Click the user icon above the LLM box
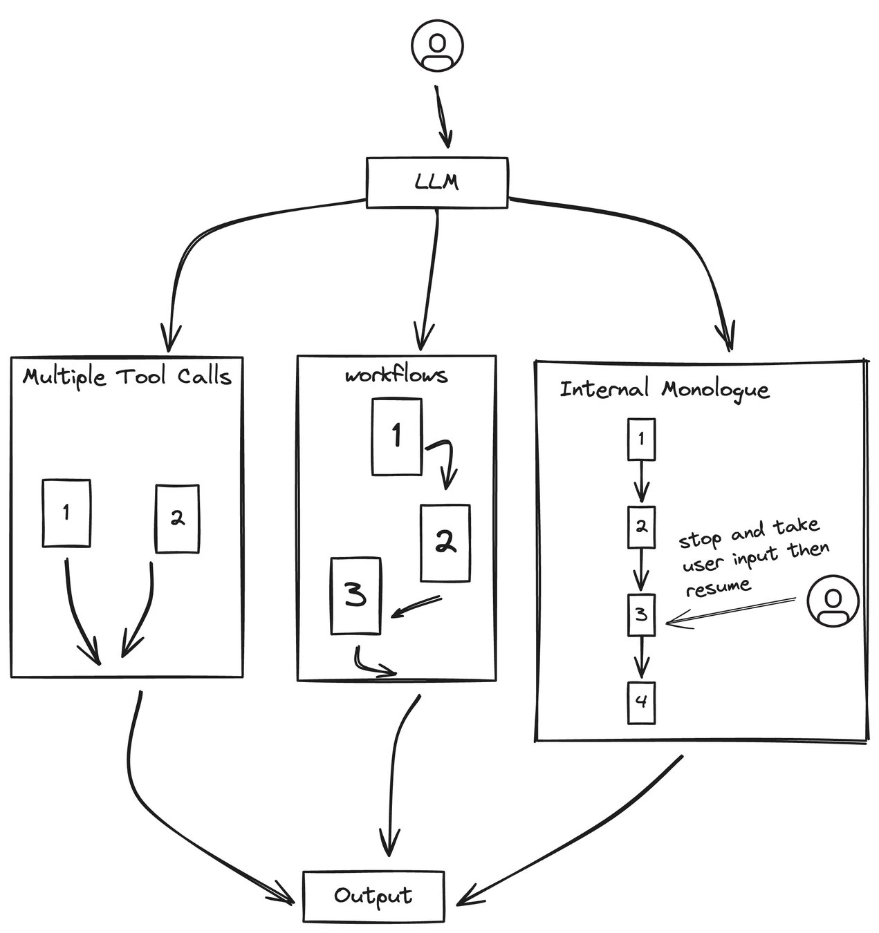pyautogui.click(x=437, y=46)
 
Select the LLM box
pyautogui.click(x=437, y=182)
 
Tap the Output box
pyautogui.click(x=373, y=896)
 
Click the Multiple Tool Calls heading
pyautogui.click(x=127, y=377)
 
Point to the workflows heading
pyautogui.click(x=396, y=375)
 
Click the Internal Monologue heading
pyautogui.click(x=664, y=390)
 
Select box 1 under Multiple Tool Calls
pyautogui.click(x=66, y=513)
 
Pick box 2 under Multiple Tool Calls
pyautogui.click(x=177, y=518)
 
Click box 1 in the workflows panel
pyautogui.click(x=396, y=437)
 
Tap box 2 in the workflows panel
pyautogui.click(x=445, y=543)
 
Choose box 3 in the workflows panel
pyautogui.click(x=355, y=596)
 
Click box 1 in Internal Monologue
pyautogui.click(x=642, y=440)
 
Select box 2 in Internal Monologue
pyautogui.click(x=642, y=527)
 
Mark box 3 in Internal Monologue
pyautogui.click(x=642, y=615)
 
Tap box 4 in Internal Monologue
pyautogui.click(x=642, y=703)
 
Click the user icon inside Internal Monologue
pyautogui.click(x=833, y=601)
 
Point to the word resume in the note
pyautogui.click(x=718, y=586)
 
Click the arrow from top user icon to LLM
pyautogui.click(x=443, y=117)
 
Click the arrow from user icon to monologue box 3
pyautogui.click(x=730, y=612)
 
